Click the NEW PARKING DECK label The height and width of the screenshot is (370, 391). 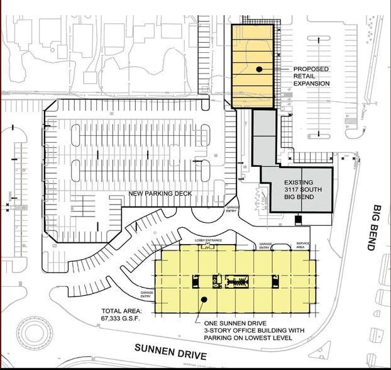(x=160, y=193)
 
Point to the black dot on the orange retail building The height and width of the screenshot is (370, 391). (x=259, y=69)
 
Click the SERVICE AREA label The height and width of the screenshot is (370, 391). (x=302, y=245)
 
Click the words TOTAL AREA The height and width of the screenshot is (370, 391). (x=122, y=311)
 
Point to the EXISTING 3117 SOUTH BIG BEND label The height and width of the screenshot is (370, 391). (x=299, y=189)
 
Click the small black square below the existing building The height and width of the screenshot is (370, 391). (x=299, y=220)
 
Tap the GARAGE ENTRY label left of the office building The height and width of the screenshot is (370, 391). (x=145, y=294)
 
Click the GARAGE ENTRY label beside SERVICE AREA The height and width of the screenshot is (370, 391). (x=266, y=246)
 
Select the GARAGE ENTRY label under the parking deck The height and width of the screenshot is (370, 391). (x=233, y=210)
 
